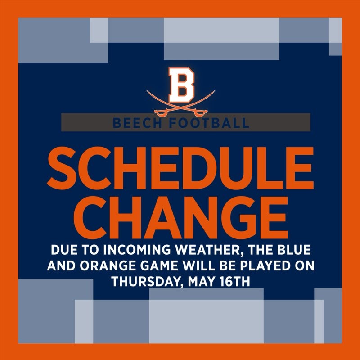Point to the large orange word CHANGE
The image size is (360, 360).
(180, 215)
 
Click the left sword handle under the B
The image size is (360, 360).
(158, 110)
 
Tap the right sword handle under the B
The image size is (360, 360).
(203, 110)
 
